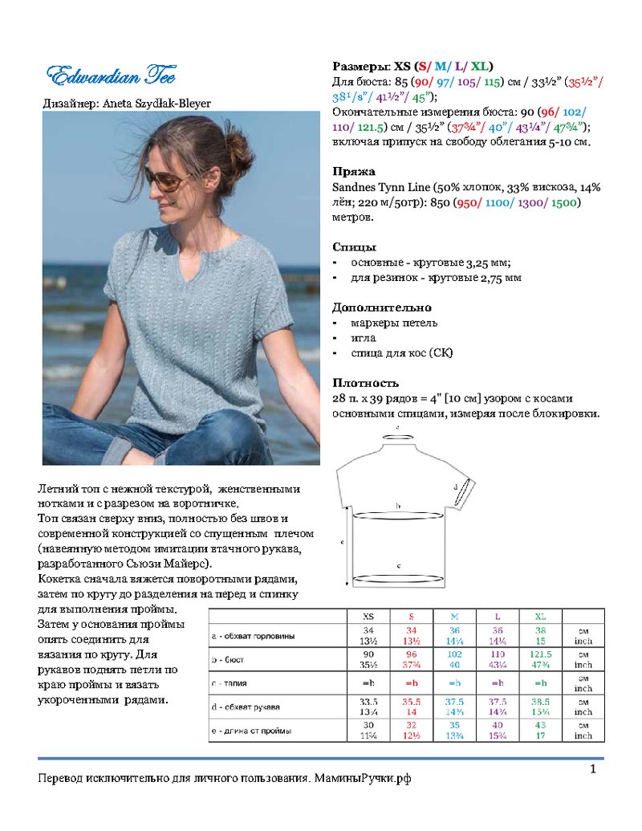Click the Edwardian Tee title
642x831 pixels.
click(111, 77)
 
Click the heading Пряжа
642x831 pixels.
click(354, 172)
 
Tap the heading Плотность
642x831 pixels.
click(366, 383)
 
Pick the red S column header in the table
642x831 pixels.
click(412, 616)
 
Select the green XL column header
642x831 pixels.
click(540, 616)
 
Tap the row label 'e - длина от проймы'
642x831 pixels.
click(251, 731)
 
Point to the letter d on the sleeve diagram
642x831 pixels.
click(456, 487)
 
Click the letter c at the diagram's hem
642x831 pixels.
click(400, 566)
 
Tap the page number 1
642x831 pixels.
click(593, 771)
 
